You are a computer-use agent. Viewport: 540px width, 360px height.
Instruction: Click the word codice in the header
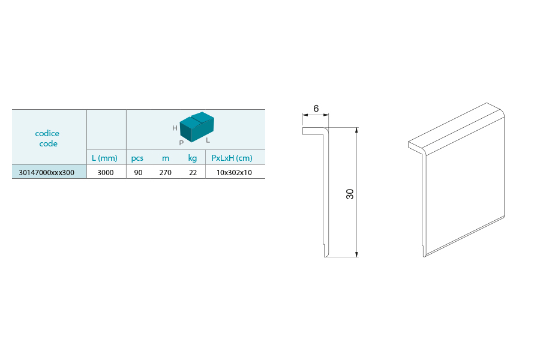(x=47, y=133)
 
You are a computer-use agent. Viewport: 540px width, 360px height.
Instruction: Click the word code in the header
(x=48, y=143)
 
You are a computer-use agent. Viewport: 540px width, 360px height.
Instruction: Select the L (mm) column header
(x=104, y=158)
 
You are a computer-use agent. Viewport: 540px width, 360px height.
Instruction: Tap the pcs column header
(x=137, y=158)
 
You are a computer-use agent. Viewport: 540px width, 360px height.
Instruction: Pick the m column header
(x=166, y=158)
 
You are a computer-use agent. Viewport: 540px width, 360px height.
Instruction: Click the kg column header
(x=193, y=158)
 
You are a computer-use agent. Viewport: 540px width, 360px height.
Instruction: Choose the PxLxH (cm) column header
(x=232, y=158)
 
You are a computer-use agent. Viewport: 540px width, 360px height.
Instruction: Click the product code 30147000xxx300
(x=46, y=173)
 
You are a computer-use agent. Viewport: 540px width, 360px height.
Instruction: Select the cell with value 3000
(x=106, y=173)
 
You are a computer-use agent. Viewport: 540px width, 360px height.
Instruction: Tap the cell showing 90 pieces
(x=138, y=173)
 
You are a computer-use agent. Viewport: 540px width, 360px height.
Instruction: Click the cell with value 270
(x=166, y=173)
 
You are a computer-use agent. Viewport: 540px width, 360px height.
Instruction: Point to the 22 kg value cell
(x=193, y=173)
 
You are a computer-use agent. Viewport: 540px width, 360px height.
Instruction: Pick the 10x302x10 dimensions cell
(x=234, y=173)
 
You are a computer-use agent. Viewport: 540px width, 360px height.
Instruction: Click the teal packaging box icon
(x=197, y=127)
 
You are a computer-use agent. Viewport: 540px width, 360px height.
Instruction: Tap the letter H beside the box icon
(x=175, y=128)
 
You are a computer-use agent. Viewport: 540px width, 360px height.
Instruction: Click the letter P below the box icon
(x=181, y=143)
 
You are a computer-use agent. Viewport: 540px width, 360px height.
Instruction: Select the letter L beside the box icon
(x=208, y=140)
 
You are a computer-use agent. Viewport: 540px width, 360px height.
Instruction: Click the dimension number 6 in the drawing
(x=316, y=109)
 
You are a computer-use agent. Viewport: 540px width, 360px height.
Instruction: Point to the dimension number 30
(x=350, y=194)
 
